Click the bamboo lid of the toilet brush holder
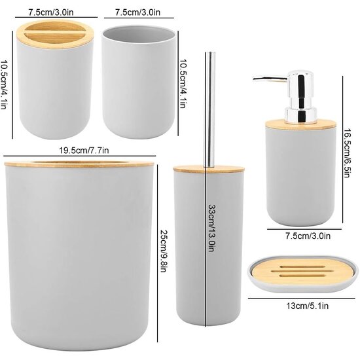tap(209, 169)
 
